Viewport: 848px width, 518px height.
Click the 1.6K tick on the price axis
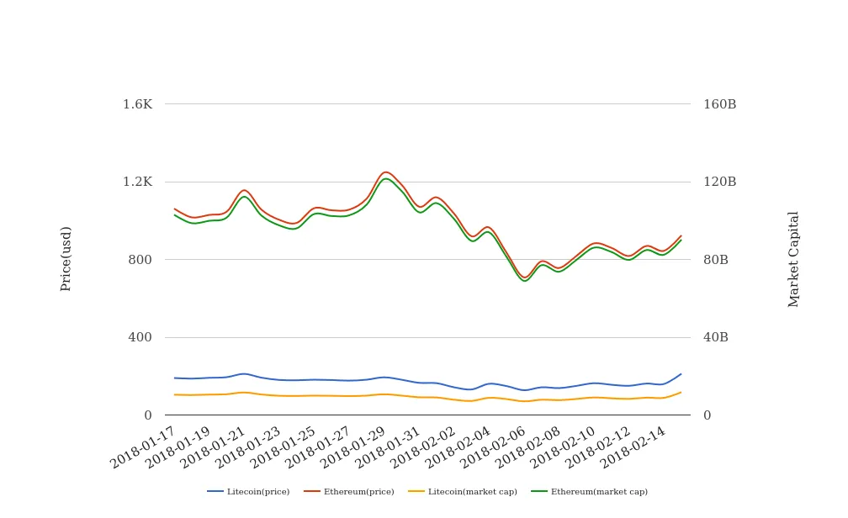(x=138, y=104)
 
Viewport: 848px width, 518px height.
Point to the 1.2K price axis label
(x=138, y=182)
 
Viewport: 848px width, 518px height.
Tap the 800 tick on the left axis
(x=140, y=260)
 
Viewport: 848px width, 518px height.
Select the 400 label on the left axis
(x=140, y=337)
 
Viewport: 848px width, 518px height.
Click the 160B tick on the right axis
(x=720, y=104)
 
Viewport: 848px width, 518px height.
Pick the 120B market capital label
(x=720, y=182)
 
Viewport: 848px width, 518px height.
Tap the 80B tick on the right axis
(x=716, y=260)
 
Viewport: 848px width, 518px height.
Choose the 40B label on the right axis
(x=716, y=337)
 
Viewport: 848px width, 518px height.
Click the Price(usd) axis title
(x=66, y=258)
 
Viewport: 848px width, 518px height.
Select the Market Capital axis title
(x=794, y=259)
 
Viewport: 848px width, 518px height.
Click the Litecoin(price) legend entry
(x=257, y=492)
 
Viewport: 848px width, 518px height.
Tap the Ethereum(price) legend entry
(x=358, y=492)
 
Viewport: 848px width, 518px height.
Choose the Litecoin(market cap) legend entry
(x=472, y=492)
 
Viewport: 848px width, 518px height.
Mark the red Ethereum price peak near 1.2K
(x=385, y=172)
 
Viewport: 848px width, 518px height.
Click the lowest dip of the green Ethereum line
(x=525, y=281)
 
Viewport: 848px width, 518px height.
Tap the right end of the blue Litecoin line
(x=681, y=374)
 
